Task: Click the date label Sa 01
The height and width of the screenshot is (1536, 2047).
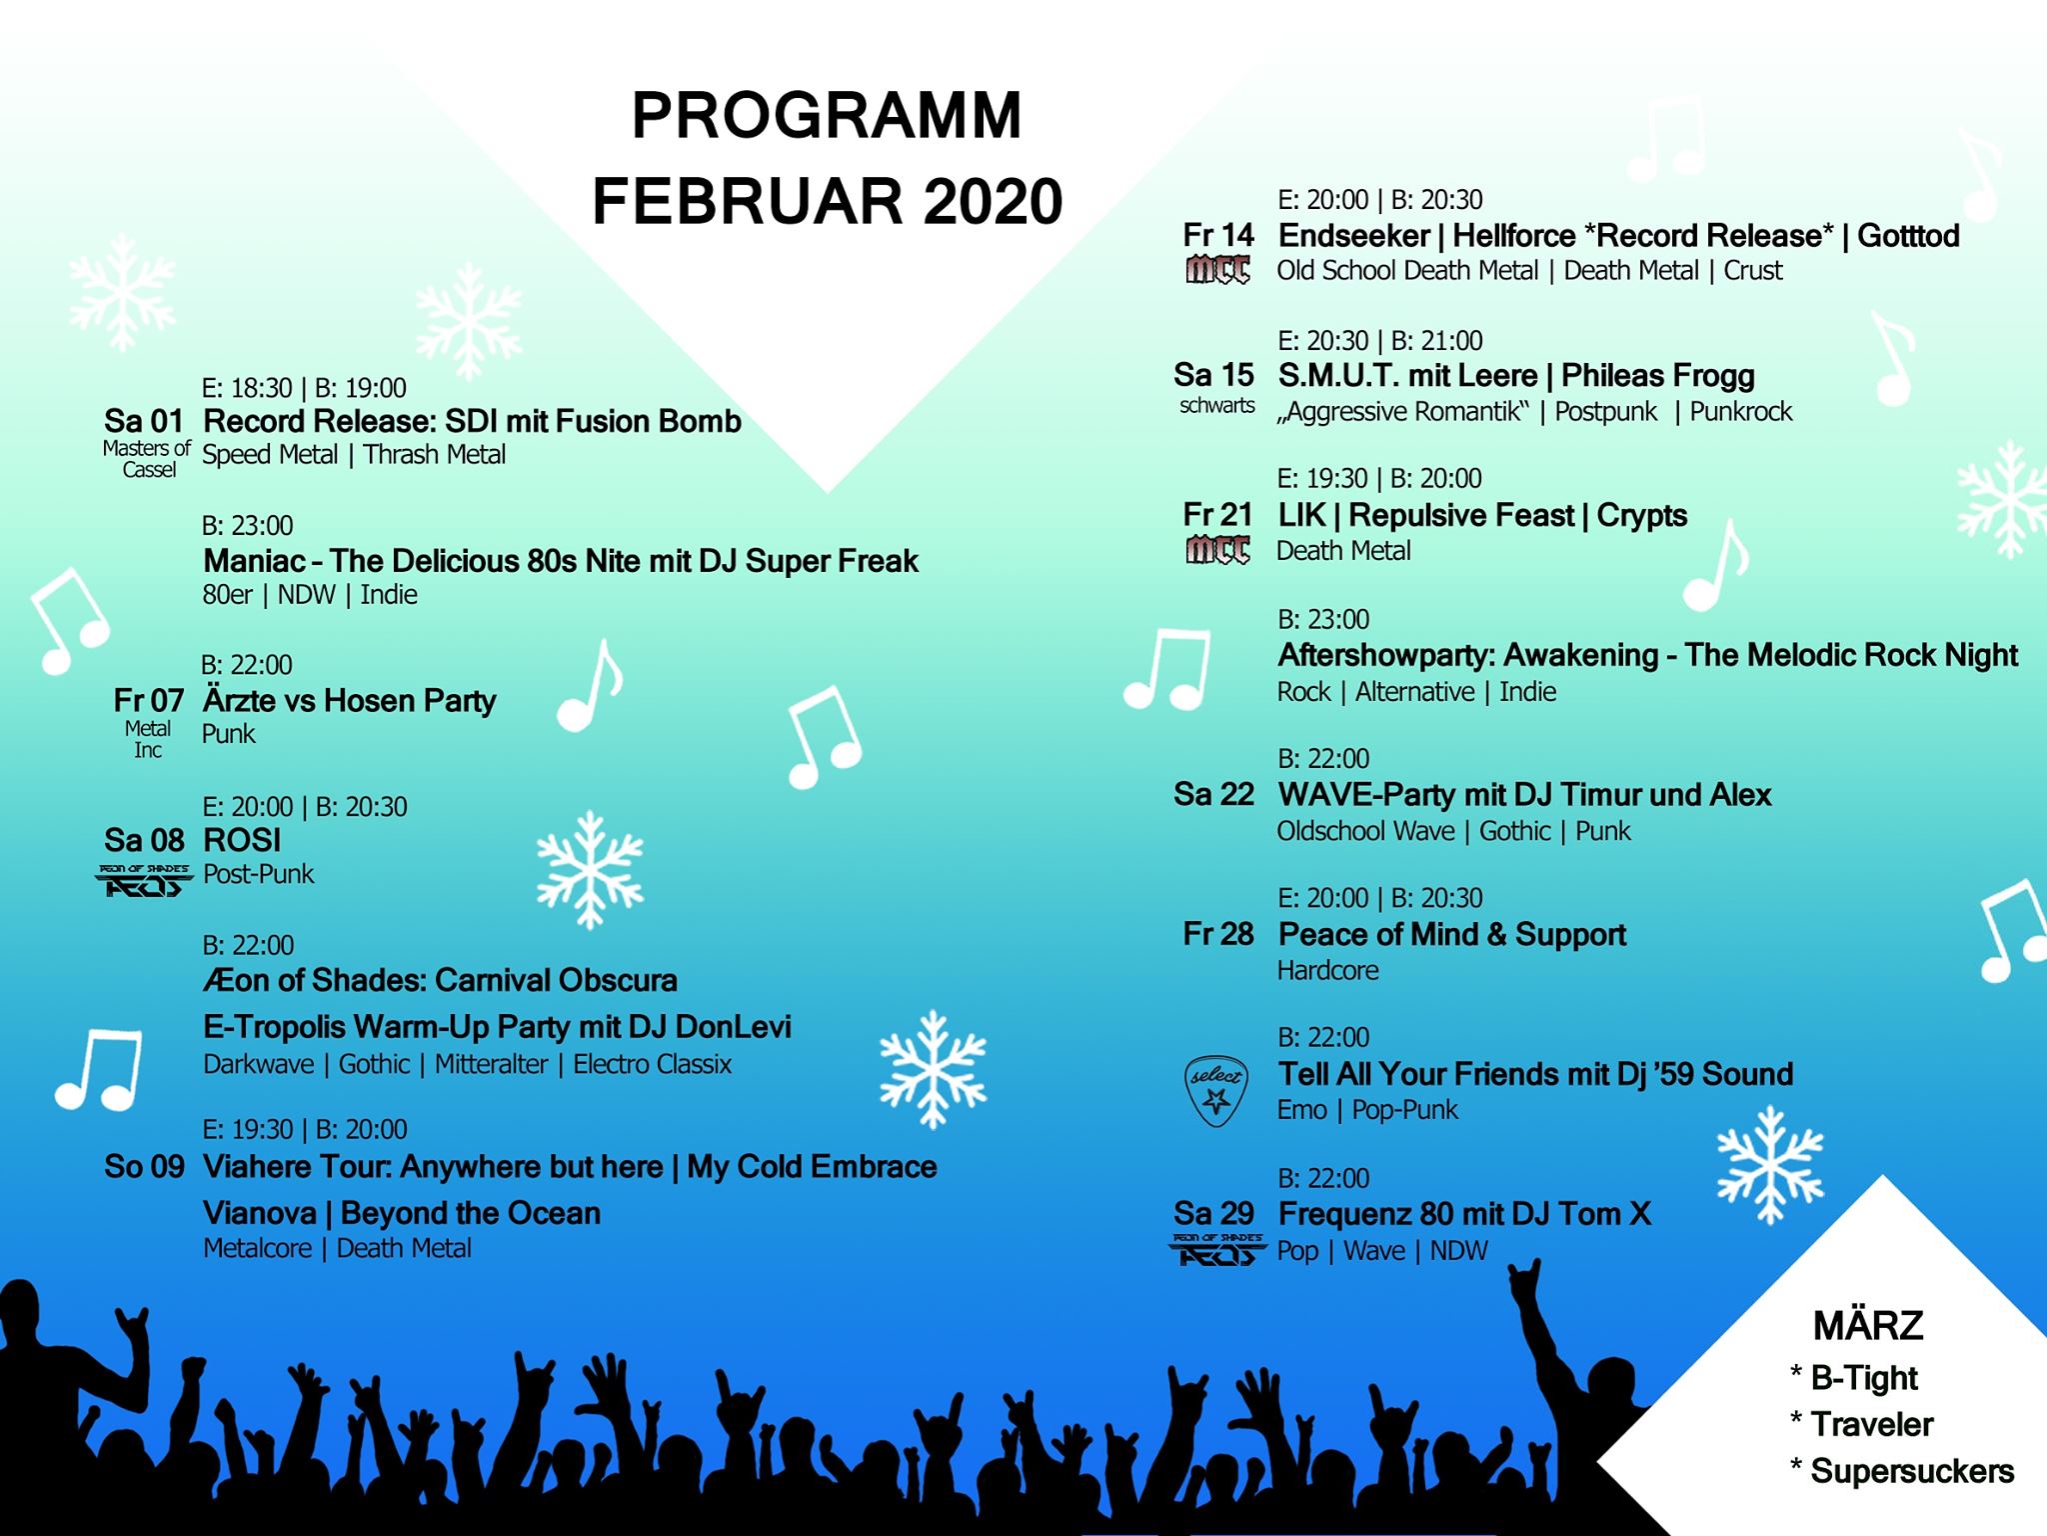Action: click(x=144, y=421)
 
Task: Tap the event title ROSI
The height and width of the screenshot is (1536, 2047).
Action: click(x=242, y=840)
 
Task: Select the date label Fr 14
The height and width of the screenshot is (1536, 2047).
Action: click(x=1217, y=235)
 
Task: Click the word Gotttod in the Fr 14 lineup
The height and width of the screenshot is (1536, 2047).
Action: click(x=1908, y=236)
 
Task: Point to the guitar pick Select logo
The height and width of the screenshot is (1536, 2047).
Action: click(x=1216, y=1090)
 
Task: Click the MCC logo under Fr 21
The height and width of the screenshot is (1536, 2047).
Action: click(x=1217, y=550)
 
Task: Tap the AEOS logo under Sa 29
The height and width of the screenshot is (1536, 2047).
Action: click(x=1216, y=1250)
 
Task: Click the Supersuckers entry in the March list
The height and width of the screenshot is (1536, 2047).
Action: click(x=1902, y=1471)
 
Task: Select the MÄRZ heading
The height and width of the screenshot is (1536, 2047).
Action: click(x=1868, y=1326)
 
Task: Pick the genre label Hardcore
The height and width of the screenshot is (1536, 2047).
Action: click(x=1327, y=970)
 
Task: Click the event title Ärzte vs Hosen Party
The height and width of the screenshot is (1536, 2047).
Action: click(x=349, y=700)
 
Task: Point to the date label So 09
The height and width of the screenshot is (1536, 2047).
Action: click(x=145, y=1166)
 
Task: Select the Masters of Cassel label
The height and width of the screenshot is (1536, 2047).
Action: click(x=147, y=459)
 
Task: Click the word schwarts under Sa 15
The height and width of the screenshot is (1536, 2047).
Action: click(x=1216, y=405)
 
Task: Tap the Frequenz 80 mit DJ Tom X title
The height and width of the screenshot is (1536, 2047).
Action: click(x=1464, y=1214)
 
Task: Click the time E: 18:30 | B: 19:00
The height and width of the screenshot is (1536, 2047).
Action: click(x=304, y=388)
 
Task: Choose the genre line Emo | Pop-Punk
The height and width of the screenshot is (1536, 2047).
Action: click(x=1367, y=1110)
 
